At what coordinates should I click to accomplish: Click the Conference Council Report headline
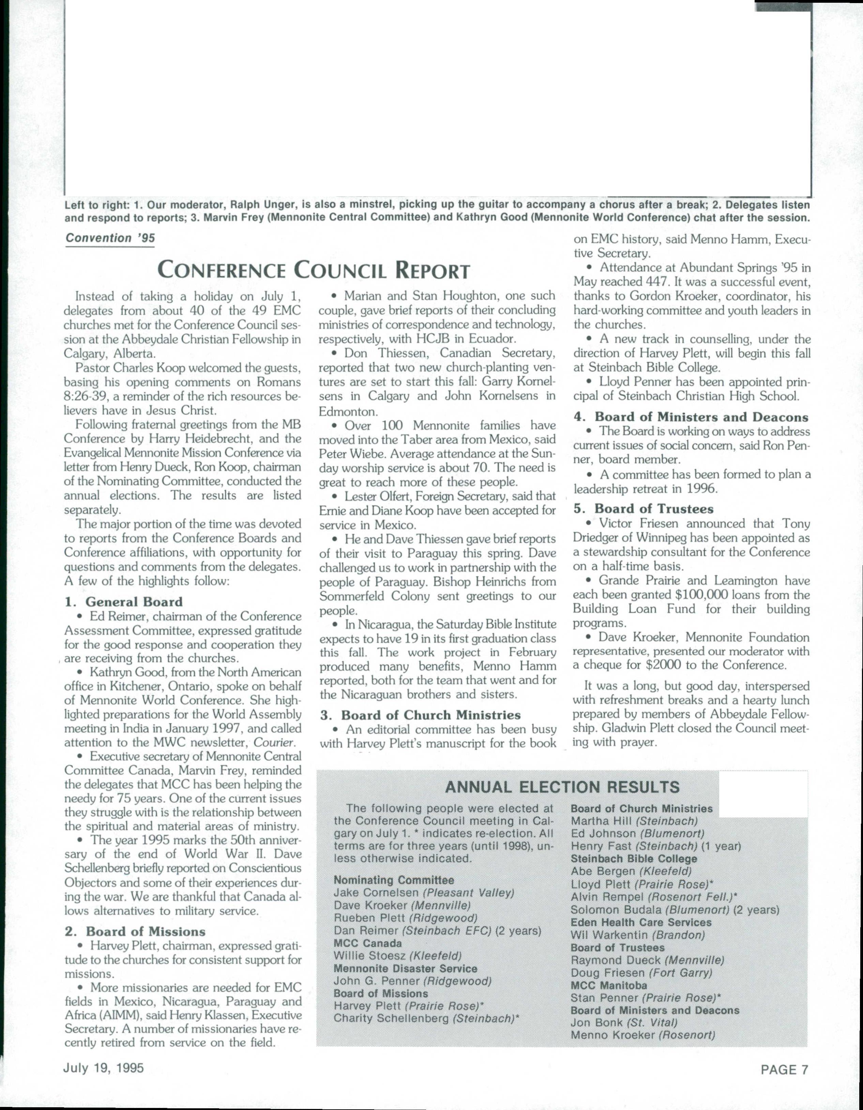pyautogui.click(x=314, y=270)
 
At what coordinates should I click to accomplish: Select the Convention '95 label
pyautogui.click(x=110, y=238)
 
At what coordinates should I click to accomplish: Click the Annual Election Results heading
pyautogui.click(x=562, y=787)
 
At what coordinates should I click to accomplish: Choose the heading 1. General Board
pyautogui.click(x=123, y=602)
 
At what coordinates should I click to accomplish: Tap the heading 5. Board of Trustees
pyautogui.click(x=644, y=509)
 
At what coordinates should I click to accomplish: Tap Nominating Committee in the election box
pyautogui.click(x=394, y=880)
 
